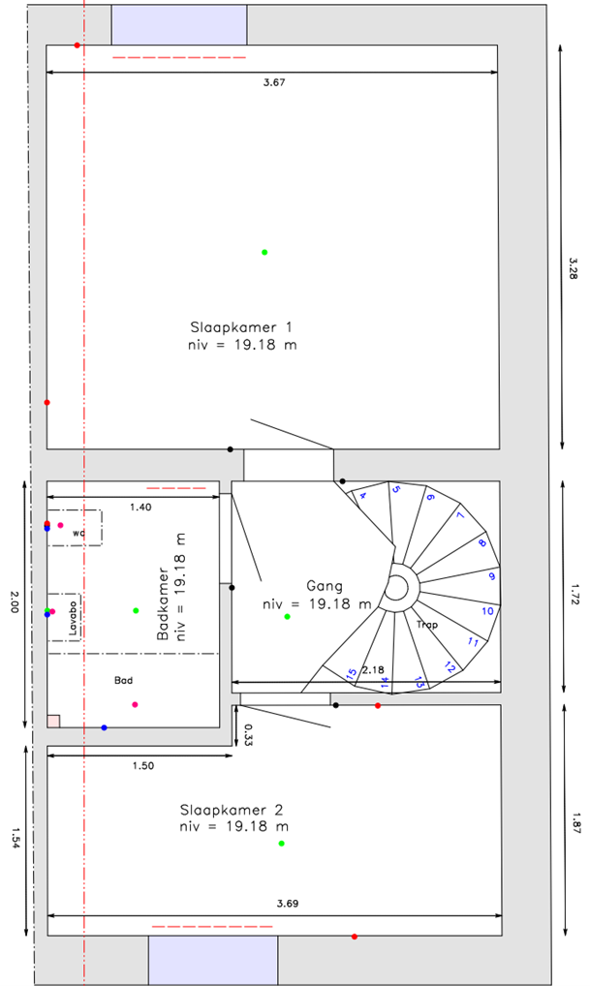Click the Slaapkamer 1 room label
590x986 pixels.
241,326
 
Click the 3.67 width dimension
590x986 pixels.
274,83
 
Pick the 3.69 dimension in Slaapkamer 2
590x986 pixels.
287,904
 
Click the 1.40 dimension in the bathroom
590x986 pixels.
140,507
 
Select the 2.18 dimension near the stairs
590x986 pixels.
372,670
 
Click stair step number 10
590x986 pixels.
488,611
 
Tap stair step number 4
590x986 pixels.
363,496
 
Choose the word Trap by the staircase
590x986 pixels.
427,625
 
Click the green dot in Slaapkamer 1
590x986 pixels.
264,252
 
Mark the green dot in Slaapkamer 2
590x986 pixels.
282,844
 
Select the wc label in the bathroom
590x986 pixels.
78,534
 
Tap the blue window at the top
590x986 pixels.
179,23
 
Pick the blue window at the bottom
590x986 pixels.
212,959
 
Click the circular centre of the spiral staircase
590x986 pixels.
396,587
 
